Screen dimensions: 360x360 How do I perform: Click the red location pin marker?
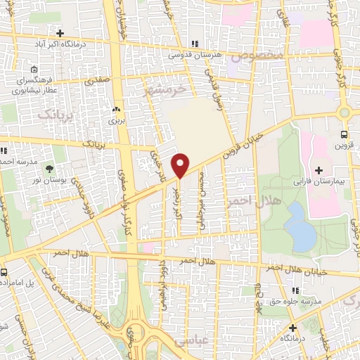pyautogui.click(x=181, y=165)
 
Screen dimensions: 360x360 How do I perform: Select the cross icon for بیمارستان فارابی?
pyautogui.click(x=319, y=170)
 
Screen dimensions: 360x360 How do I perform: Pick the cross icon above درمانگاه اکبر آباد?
pyautogui.click(x=60, y=33)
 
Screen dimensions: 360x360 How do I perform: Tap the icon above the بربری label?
pyautogui.click(x=117, y=110)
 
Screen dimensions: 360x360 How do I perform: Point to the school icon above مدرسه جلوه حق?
pyautogui.click(x=295, y=290)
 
